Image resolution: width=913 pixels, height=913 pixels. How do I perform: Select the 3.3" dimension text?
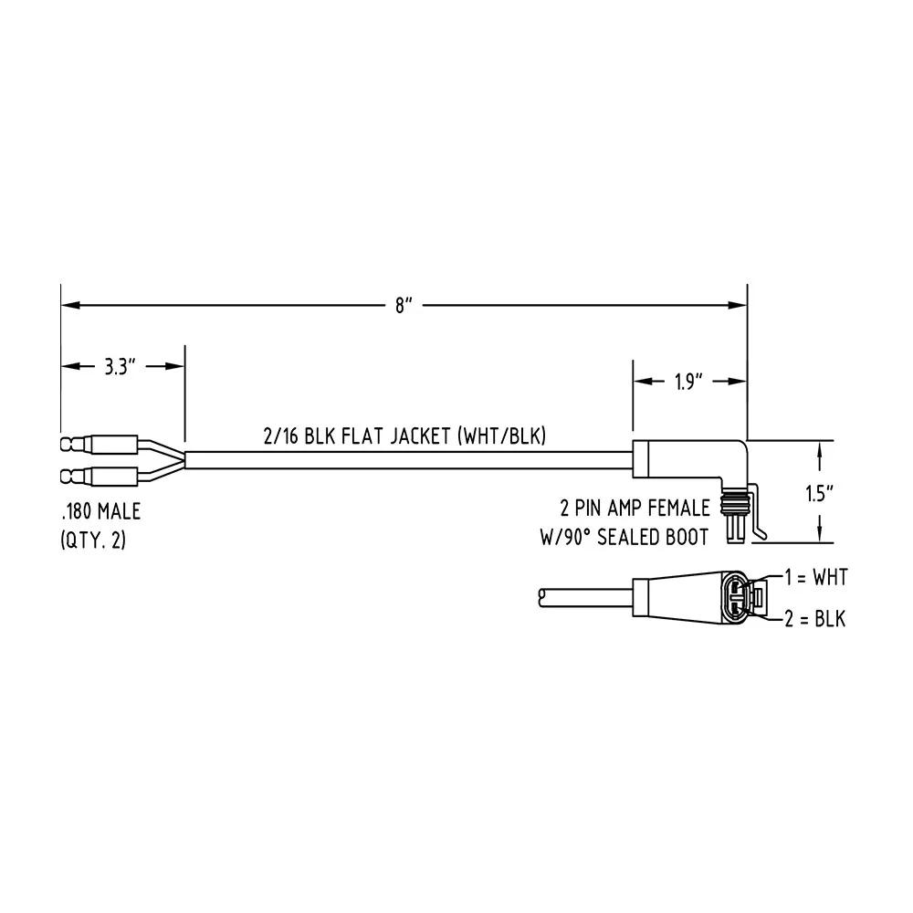120,367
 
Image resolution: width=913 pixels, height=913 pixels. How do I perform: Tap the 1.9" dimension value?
689,382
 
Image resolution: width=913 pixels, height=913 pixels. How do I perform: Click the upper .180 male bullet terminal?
99,445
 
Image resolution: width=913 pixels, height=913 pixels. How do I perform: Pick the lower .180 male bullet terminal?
99,477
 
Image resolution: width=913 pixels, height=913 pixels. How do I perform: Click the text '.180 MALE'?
100,512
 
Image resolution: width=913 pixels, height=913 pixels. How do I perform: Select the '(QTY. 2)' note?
93,540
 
